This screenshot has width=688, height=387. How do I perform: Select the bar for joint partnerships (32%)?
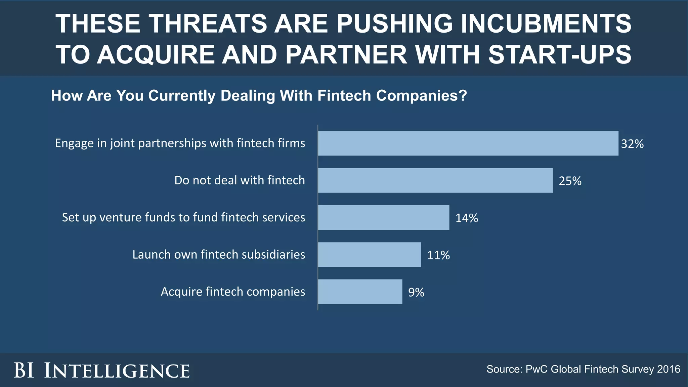click(468, 143)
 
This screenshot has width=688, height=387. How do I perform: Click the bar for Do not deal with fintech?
click(435, 180)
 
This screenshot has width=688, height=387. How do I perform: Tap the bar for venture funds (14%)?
click(383, 217)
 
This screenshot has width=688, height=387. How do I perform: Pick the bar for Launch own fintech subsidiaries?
click(369, 255)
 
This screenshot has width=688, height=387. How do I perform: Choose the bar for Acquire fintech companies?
click(360, 292)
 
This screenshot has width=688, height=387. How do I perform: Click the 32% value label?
click(632, 144)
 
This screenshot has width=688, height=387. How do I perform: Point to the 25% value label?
click(570, 181)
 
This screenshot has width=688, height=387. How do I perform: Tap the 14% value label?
click(466, 218)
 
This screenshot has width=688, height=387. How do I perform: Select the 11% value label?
click(438, 255)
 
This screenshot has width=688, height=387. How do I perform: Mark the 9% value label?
click(416, 293)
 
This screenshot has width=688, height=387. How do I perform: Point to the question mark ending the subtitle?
click(463, 96)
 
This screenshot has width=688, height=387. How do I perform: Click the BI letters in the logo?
click(24, 371)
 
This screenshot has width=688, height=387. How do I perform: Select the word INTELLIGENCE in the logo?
click(117, 371)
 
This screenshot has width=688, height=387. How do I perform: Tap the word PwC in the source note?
click(536, 369)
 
